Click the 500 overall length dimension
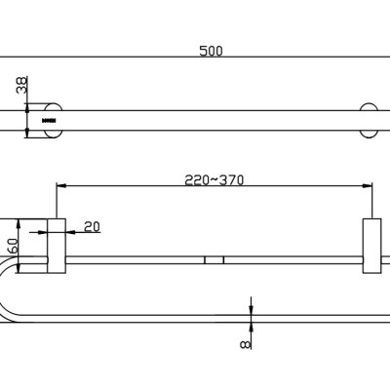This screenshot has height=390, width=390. [211, 52]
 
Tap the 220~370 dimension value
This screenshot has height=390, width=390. [214, 178]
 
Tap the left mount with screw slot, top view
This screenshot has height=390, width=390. [52, 119]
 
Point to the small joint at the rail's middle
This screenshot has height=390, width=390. [214, 260]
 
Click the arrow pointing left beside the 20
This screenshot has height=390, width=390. [70, 232]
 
